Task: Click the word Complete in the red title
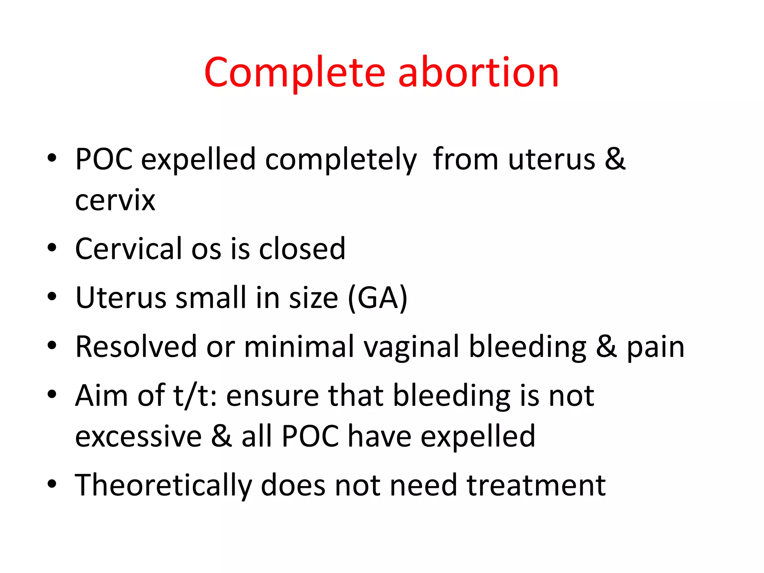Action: [294, 73]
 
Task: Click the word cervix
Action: [115, 200]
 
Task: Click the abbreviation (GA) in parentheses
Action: [378, 298]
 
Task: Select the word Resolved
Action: [136, 347]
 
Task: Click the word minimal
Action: [299, 347]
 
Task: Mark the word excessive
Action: [138, 436]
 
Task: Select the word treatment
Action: [536, 485]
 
